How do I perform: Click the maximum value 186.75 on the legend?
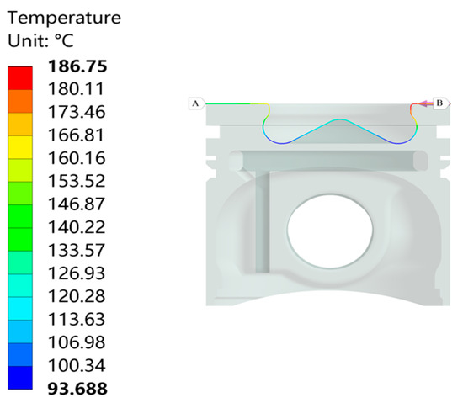click(x=77, y=66)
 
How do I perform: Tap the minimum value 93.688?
click(x=77, y=389)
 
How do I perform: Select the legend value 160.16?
click(x=77, y=158)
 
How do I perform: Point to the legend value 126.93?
click(x=77, y=273)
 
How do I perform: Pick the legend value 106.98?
click(x=77, y=342)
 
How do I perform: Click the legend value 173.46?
click(x=77, y=112)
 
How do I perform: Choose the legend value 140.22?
click(x=77, y=227)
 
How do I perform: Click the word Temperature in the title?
click(x=64, y=18)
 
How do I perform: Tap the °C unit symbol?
click(x=64, y=40)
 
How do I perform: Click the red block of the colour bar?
click(x=20, y=78)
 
